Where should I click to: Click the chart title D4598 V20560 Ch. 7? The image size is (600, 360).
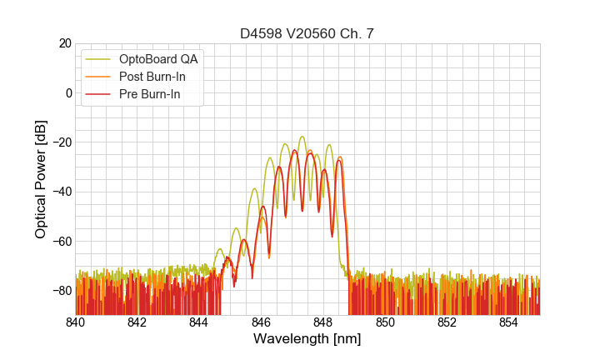pyautogui.click(x=307, y=33)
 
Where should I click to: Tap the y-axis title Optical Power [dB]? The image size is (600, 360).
pyautogui.click(x=41, y=179)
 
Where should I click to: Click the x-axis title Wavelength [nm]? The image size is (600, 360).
pyautogui.click(x=307, y=339)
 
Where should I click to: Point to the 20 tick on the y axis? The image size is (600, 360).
pyautogui.click(x=63, y=43)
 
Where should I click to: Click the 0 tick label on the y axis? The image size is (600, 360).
pyautogui.click(x=67, y=92)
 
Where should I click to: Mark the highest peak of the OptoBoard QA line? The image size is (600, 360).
pyautogui.click(x=302, y=137)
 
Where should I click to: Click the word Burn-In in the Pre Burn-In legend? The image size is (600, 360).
pyautogui.click(x=161, y=95)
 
